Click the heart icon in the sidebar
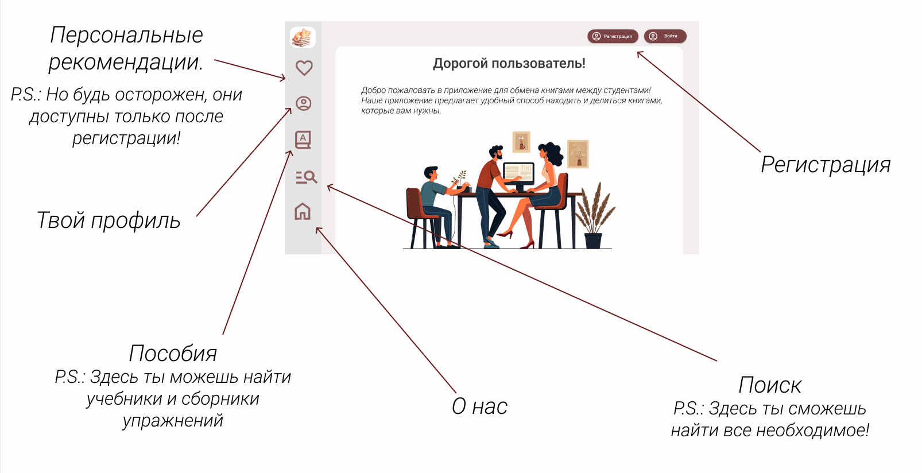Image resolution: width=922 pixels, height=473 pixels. click(304, 68)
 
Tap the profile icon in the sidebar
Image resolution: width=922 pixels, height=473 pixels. click(304, 103)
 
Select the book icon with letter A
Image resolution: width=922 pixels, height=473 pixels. click(303, 140)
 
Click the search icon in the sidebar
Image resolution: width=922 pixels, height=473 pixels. click(306, 177)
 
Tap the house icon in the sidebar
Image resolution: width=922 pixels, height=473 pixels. click(303, 212)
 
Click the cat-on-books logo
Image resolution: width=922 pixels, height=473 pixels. click(303, 37)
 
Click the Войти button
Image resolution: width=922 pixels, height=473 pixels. click(665, 36)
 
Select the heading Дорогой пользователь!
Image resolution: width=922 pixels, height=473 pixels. click(509, 63)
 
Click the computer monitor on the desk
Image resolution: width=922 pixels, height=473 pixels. click(518, 174)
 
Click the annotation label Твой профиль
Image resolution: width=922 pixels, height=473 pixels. click(109, 220)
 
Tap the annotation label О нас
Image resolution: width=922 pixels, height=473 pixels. click(479, 406)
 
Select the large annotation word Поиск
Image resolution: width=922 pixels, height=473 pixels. click(770, 385)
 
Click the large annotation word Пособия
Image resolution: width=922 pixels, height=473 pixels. click(173, 353)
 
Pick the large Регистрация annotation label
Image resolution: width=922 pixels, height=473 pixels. click(826, 165)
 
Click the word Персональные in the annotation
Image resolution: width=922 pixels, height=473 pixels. click(126, 36)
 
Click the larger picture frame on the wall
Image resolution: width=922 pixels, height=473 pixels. click(578, 154)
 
